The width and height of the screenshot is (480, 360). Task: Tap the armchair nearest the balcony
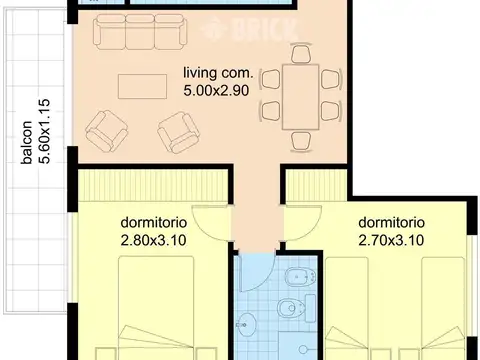click(104, 129)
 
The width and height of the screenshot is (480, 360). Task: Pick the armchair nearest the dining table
click(178, 126)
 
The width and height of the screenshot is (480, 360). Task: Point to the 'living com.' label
click(218, 74)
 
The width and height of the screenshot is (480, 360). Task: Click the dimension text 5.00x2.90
click(218, 91)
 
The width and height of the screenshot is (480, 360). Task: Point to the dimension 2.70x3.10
click(392, 239)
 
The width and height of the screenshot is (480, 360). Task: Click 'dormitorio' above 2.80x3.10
click(154, 222)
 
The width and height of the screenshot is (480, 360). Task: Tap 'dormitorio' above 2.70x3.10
click(392, 222)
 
